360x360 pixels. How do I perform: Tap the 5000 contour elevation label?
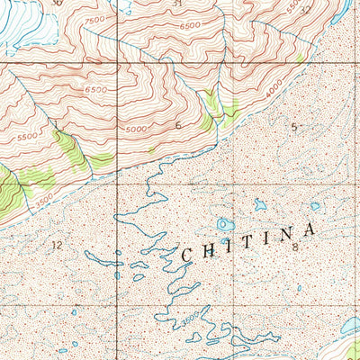[x=135, y=129]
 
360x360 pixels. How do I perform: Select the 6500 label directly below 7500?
[x=95, y=90]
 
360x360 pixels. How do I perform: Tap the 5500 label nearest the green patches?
[x=26, y=134]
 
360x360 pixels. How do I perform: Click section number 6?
[x=178, y=125]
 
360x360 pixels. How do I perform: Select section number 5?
[x=293, y=126]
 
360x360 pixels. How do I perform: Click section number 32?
[x=306, y=10]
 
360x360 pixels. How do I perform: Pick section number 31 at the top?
[x=177, y=4]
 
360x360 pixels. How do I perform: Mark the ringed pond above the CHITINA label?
[x=224, y=224]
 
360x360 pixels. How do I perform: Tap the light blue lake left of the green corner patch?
[x=346, y=326]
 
